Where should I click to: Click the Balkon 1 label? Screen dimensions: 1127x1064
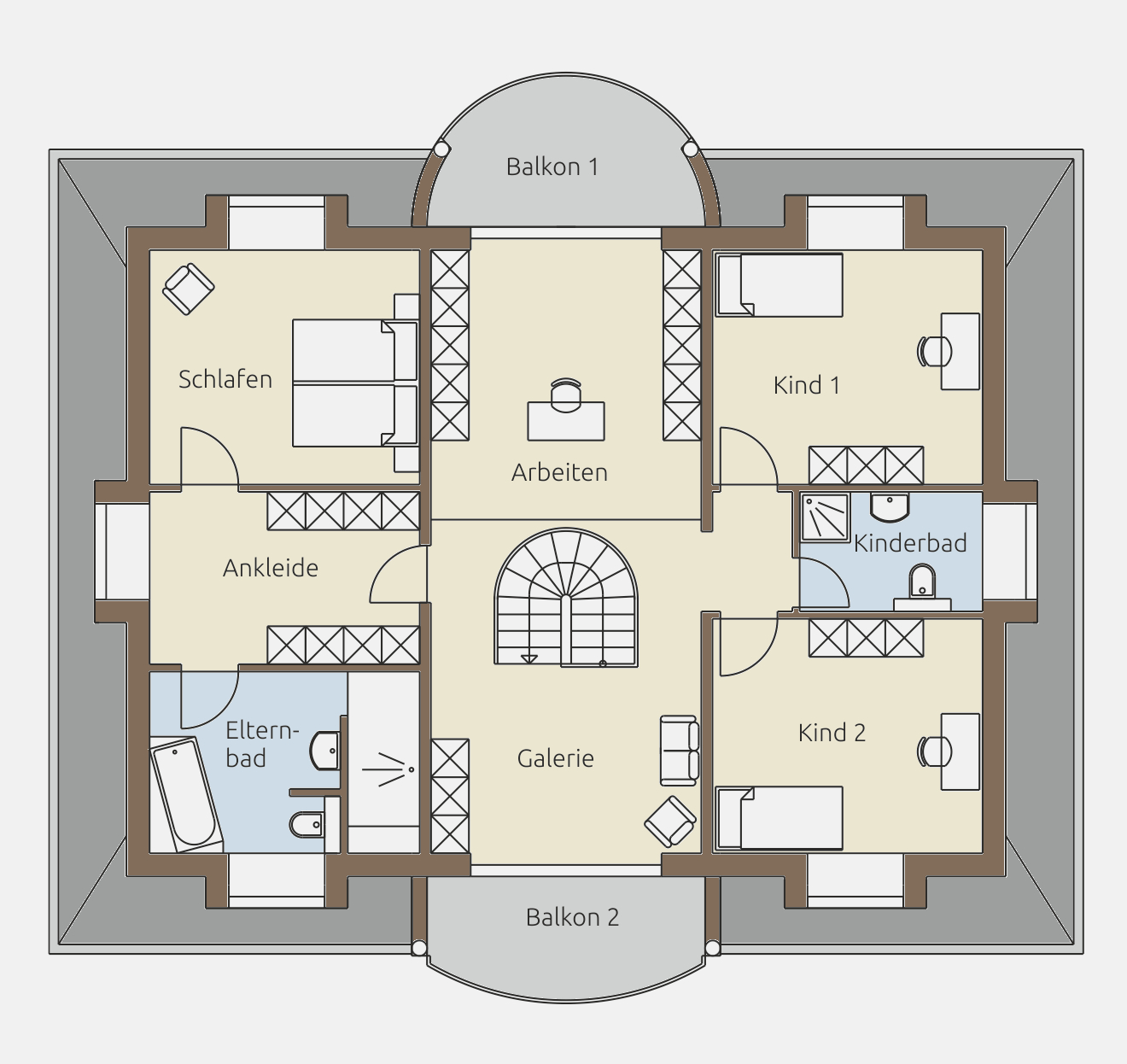click(x=552, y=167)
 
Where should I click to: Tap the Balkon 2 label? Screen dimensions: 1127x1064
click(x=572, y=917)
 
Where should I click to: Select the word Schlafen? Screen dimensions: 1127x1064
click(x=225, y=379)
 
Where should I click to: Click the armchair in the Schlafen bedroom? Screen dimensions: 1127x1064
click(x=189, y=289)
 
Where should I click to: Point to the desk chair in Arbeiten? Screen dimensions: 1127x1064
click(x=566, y=395)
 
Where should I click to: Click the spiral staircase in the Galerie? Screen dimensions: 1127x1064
click(x=566, y=597)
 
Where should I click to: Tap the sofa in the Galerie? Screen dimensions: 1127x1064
click(x=680, y=751)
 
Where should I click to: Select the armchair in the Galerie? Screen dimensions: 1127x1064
click(x=670, y=821)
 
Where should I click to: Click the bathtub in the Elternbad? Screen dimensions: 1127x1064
click(x=186, y=794)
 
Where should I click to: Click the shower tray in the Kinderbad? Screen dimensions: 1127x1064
click(x=825, y=517)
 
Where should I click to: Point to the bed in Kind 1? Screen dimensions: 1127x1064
click(x=780, y=285)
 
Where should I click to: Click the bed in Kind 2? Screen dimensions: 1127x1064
click(x=780, y=818)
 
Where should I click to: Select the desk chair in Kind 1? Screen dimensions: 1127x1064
click(x=934, y=352)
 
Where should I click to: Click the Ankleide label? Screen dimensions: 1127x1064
click(x=271, y=568)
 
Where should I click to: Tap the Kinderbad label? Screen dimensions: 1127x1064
click(x=910, y=543)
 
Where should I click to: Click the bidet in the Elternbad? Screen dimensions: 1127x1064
click(x=307, y=825)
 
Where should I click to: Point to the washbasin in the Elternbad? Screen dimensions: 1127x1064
click(x=325, y=751)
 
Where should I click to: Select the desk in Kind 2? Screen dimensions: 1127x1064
click(x=961, y=751)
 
